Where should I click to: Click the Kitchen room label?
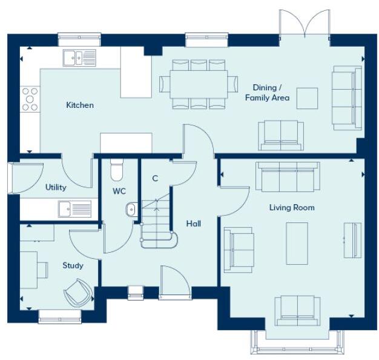coord(80,105)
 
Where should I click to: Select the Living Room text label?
coord(292,208)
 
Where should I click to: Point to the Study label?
coord(73,265)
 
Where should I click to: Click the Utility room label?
coord(56,187)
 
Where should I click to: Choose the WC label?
coord(119,191)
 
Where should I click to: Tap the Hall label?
coord(194,224)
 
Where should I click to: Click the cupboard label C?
coord(155,178)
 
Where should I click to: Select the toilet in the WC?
coord(117,170)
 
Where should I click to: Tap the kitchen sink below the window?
coord(79,58)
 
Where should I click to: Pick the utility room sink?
coord(74,208)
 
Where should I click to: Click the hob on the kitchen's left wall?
coord(30,99)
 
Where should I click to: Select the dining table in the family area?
coord(199,84)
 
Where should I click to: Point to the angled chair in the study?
coord(78,292)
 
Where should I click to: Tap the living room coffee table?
coord(297,243)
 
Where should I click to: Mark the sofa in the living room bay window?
coord(297,310)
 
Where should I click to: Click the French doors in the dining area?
coord(304,27)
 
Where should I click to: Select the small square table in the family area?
coord(307,98)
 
